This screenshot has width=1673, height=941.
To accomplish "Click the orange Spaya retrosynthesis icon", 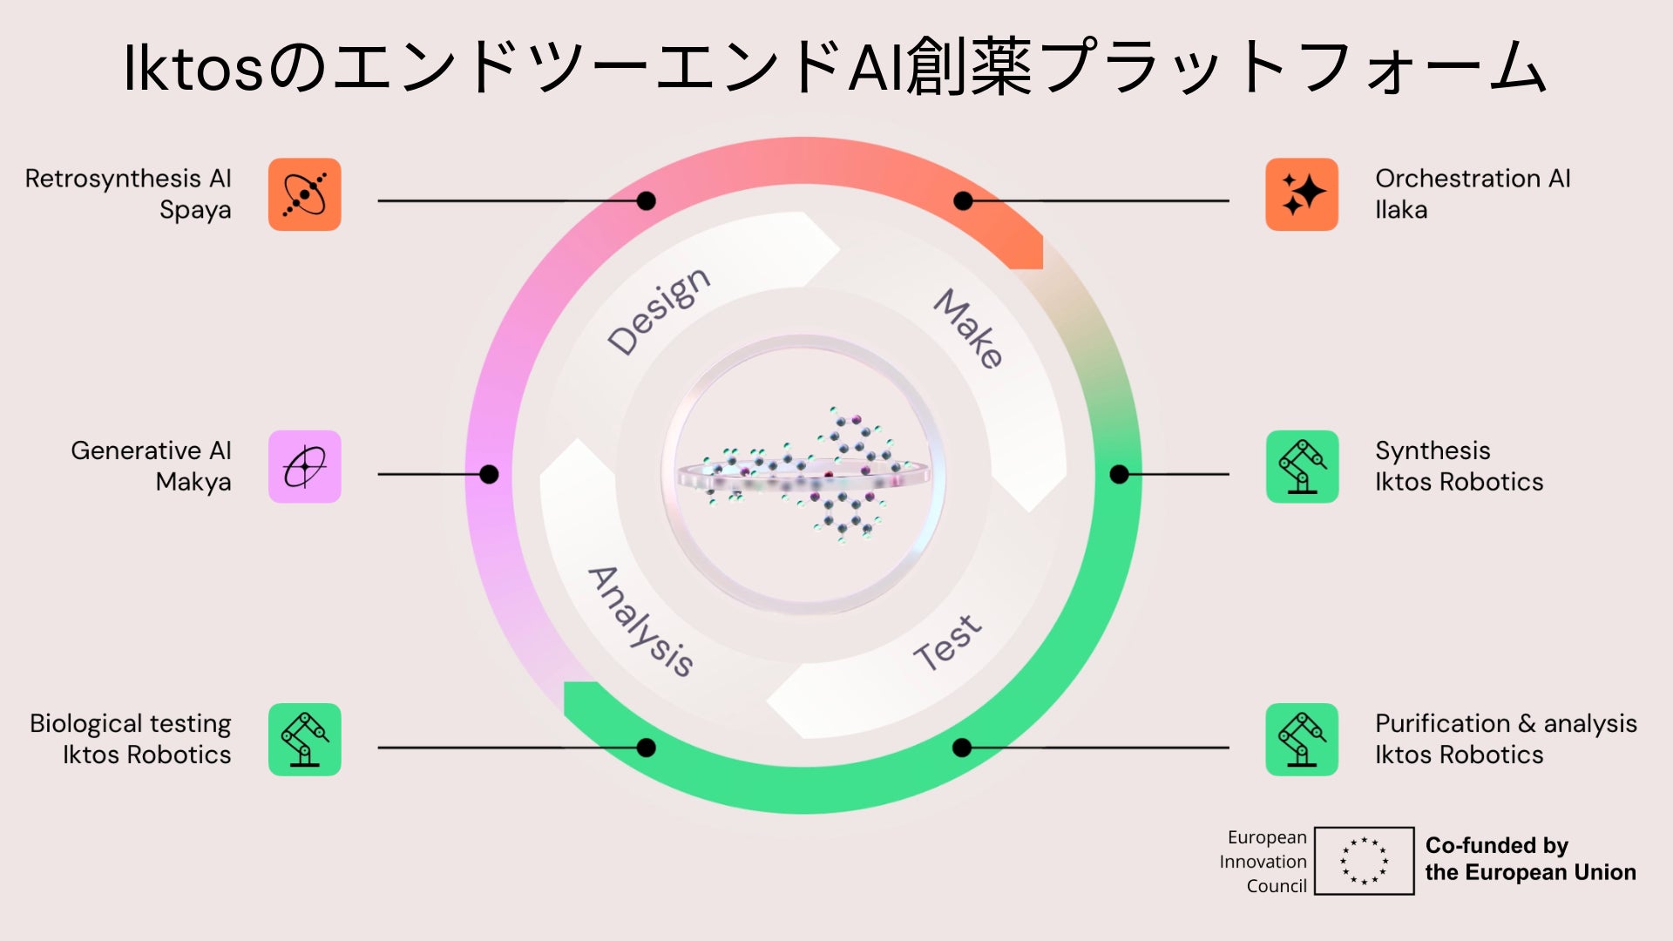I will click(x=304, y=194).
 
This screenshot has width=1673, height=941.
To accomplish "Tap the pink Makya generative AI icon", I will click(x=304, y=466).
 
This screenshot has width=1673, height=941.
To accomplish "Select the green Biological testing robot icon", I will click(x=304, y=739).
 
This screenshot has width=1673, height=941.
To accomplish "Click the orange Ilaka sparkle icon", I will click(x=1302, y=194).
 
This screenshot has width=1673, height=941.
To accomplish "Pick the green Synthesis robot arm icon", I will click(x=1302, y=466).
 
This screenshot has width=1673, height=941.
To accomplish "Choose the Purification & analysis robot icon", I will click(x=1302, y=739).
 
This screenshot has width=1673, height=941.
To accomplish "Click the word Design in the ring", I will click(x=659, y=311).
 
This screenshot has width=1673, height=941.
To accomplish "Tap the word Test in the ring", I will click(x=948, y=642).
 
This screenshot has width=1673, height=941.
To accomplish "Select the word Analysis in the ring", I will click(x=640, y=621).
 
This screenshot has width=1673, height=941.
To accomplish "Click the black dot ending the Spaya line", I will click(x=646, y=201).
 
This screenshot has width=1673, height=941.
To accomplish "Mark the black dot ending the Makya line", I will click(x=489, y=474).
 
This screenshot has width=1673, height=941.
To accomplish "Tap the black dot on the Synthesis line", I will click(x=1120, y=474).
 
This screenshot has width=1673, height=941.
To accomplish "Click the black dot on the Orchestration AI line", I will click(x=963, y=201).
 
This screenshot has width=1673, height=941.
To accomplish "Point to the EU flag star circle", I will click(x=1364, y=861).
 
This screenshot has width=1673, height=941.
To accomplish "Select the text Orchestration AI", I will click(x=1473, y=179).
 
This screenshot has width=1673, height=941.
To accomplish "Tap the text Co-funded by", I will click(x=1496, y=845).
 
